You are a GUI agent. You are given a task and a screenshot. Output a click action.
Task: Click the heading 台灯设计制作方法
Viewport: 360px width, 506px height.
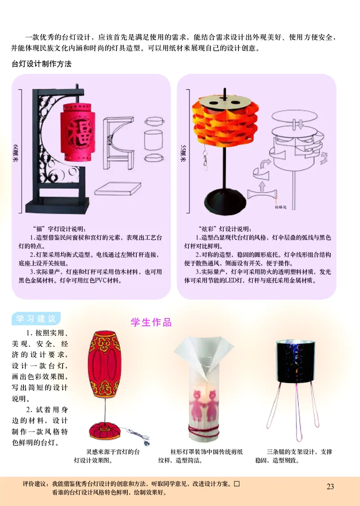[x=41, y=64]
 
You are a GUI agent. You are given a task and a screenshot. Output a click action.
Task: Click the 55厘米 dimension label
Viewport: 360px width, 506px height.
[x=183, y=153]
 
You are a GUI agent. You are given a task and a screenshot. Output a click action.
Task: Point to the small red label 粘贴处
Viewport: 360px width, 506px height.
[x=280, y=208]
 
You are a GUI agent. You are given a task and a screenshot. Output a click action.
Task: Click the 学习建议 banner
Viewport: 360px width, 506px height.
[x=36, y=319]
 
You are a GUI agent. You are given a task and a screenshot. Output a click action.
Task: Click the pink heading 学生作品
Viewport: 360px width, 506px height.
[x=151, y=322]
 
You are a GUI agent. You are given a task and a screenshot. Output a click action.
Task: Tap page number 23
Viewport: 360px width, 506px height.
[x=330, y=486]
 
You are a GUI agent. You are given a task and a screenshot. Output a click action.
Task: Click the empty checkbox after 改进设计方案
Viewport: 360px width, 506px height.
[x=236, y=484]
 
